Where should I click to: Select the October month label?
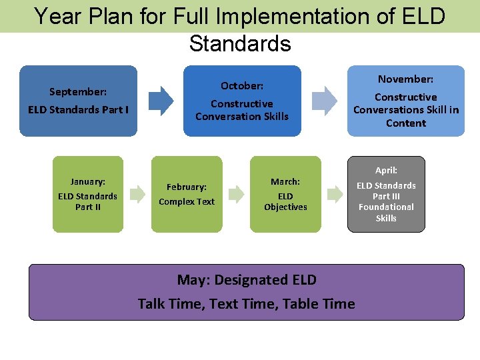pyautogui.click(x=242, y=86)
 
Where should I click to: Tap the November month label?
pyautogui.click(x=405, y=79)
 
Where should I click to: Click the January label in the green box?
pyautogui.click(x=87, y=181)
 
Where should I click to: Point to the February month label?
pyautogui.click(x=187, y=187)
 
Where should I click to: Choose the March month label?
pyautogui.click(x=285, y=181)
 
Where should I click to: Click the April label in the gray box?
pyautogui.click(x=386, y=171)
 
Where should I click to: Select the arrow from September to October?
pyautogui.click(x=160, y=101)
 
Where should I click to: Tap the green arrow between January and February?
pyautogui.click(x=137, y=195)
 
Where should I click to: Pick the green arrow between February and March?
pyautogui.click(x=236, y=195)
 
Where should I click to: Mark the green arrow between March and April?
pyautogui.click(x=334, y=195)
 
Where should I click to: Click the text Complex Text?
pyautogui.click(x=187, y=202)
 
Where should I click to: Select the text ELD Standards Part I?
pyautogui.click(x=79, y=109)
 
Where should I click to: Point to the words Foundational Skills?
pyautogui.click(x=386, y=213)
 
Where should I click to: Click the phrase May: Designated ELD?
pyautogui.click(x=247, y=280)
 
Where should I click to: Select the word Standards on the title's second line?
pyautogui.click(x=240, y=44)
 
